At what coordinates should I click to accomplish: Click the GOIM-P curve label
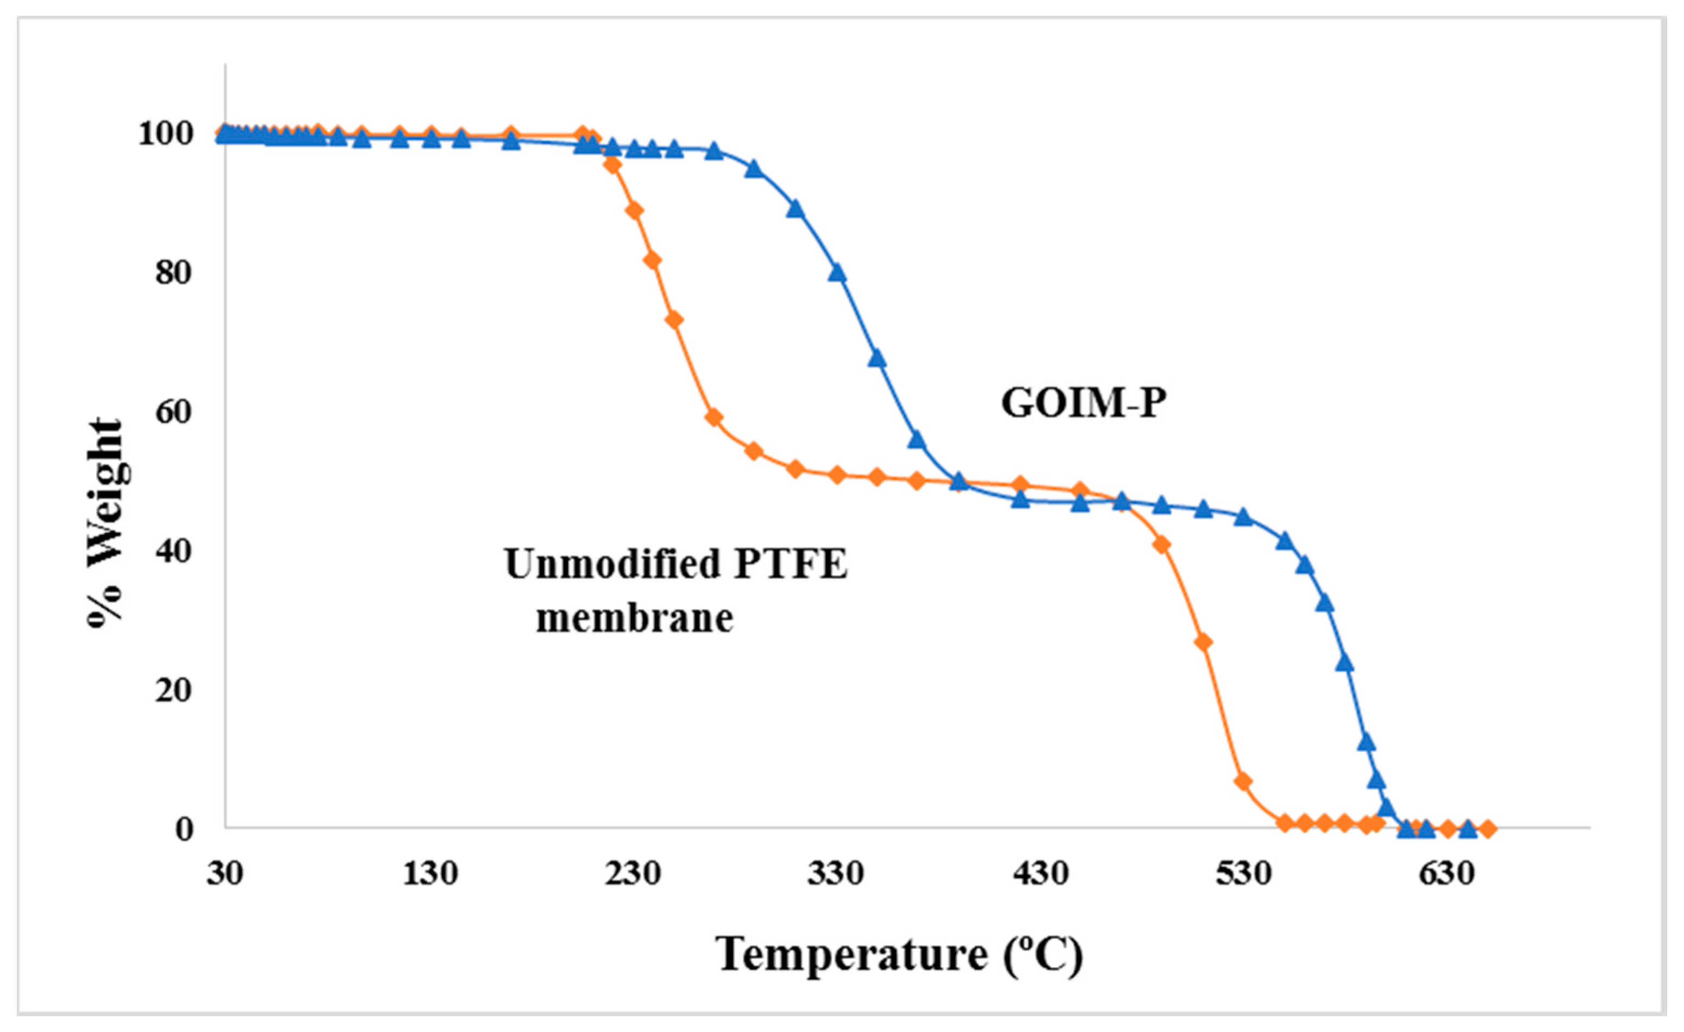[x=1083, y=403]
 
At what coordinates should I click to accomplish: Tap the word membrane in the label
[x=634, y=618]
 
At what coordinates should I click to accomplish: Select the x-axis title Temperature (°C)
[x=899, y=954]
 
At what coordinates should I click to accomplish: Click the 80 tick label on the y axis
[x=173, y=273]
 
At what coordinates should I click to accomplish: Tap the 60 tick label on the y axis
[x=173, y=412]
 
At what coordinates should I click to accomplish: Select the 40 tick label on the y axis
[x=173, y=552]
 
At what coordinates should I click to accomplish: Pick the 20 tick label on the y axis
[x=173, y=690]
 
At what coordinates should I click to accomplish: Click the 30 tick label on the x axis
[x=225, y=873]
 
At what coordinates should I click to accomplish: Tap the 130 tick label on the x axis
[x=429, y=873]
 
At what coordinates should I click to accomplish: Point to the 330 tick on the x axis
[x=836, y=873]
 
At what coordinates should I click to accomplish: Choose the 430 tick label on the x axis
[x=1040, y=873]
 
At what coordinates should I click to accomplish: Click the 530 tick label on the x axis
[x=1243, y=873]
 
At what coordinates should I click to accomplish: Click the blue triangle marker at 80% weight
[x=837, y=273]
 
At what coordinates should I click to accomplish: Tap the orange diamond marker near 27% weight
[x=1204, y=642]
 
